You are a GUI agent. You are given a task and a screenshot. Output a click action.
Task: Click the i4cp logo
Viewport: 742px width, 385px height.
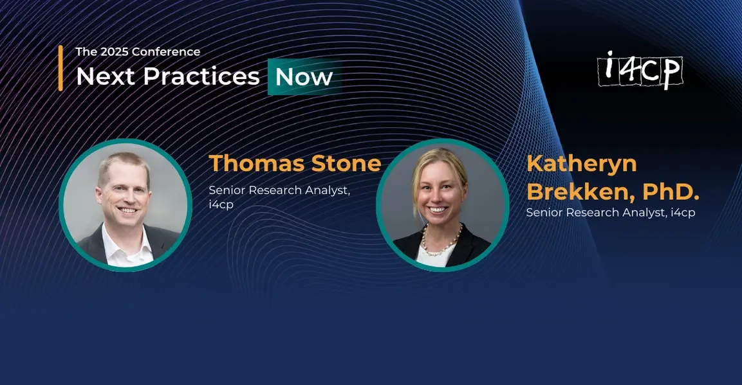point(640,71)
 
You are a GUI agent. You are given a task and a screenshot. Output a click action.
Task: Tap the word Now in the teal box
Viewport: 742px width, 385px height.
point(304,77)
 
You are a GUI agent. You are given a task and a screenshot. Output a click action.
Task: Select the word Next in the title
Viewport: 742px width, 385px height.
point(106,76)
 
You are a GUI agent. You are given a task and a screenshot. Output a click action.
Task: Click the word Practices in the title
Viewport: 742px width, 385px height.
point(201,76)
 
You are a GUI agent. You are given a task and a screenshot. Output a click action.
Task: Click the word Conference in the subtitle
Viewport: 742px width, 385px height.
point(165,51)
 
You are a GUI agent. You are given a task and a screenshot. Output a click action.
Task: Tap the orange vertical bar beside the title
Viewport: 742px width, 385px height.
point(60,68)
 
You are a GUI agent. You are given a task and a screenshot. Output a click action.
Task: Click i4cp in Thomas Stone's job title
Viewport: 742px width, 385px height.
point(221,205)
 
